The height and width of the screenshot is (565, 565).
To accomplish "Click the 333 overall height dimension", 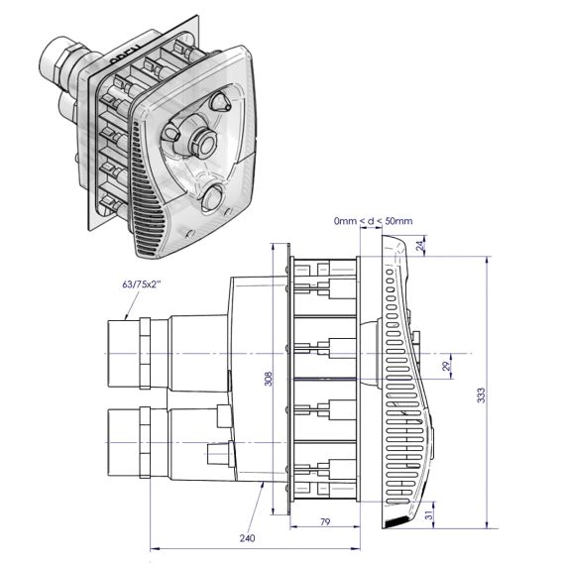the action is (481, 395).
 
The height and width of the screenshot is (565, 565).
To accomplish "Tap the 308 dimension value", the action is (269, 379).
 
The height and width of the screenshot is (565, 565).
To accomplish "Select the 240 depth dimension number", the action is (247, 538).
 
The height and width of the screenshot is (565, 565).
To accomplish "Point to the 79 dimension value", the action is (325, 521).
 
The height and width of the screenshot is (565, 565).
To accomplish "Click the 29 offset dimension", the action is (446, 367).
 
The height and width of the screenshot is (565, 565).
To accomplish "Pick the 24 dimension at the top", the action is (420, 246).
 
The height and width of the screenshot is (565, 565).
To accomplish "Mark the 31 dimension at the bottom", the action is (429, 515).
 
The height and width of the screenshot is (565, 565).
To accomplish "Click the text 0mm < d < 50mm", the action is (373, 221).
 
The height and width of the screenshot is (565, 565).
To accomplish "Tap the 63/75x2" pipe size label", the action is (141, 284).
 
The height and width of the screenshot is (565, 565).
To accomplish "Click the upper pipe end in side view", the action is (123, 354).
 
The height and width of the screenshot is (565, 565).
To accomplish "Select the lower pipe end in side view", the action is (123, 443).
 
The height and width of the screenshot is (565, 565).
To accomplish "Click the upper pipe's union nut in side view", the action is (145, 354).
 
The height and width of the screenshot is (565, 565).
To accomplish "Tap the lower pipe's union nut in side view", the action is (145, 443).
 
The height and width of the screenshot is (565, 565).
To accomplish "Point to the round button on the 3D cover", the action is (213, 198).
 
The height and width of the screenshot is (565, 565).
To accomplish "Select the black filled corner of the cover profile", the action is (395, 522).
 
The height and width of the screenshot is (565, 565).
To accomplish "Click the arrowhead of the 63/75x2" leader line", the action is (127, 317).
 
